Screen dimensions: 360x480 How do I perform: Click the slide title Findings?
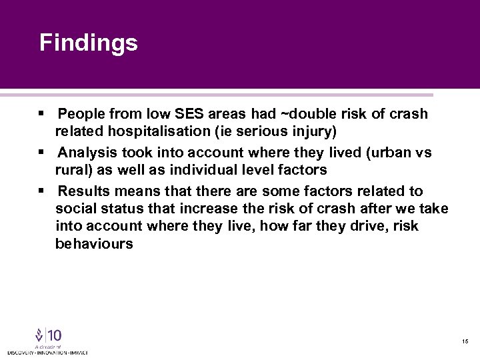88,43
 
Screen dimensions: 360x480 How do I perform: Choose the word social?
75,209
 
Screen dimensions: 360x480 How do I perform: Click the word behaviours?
94,244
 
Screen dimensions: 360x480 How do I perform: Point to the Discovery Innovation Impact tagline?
47,352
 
